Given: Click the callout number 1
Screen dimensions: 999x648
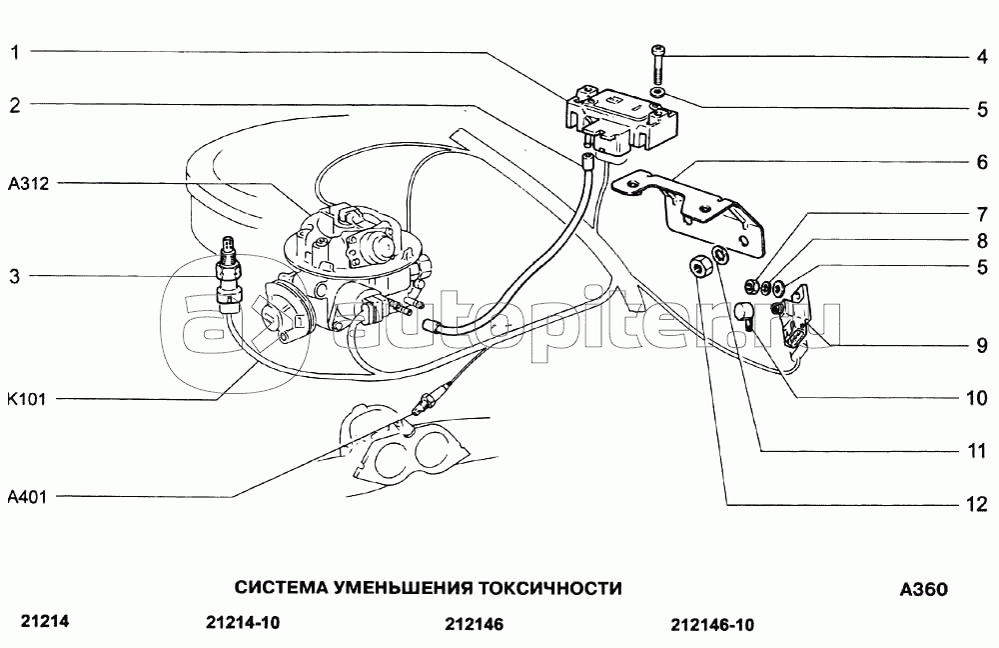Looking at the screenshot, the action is pyautogui.click(x=14, y=52).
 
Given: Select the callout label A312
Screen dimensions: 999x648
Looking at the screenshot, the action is pyautogui.click(x=28, y=184).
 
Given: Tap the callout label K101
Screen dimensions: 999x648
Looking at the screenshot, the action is pyautogui.click(x=27, y=400).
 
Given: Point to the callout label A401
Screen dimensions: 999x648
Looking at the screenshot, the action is pyautogui.click(x=27, y=496).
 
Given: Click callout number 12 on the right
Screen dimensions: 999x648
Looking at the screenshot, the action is pyautogui.click(x=976, y=504).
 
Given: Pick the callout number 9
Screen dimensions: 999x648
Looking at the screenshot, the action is pyautogui.click(x=981, y=345).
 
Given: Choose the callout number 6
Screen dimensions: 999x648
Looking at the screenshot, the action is pyautogui.click(x=982, y=161).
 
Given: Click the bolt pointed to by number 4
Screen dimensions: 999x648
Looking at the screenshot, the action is pyautogui.click(x=658, y=66).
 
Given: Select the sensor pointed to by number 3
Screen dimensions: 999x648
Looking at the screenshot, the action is pyautogui.click(x=227, y=276).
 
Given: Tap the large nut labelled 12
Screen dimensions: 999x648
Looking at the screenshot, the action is pyautogui.click(x=699, y=266).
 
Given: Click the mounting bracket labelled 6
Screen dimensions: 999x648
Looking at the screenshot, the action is pyautogui.click(x=689, y=207).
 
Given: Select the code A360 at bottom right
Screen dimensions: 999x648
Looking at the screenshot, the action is pyautogui.click(x=924, y=589).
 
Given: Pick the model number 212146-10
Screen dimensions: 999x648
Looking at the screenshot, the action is pyautogui.click(x=711, y=624).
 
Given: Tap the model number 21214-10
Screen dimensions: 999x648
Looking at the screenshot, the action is pyautogui.click(x=244, y=622).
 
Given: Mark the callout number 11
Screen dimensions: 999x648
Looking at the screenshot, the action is pyautogui.click(x=976, y=451).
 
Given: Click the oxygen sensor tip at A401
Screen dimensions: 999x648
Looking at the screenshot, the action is pyautogui.click(x=420, y=404).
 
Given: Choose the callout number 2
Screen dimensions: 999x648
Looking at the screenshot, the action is pyautogui.click(x=14, y=105).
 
